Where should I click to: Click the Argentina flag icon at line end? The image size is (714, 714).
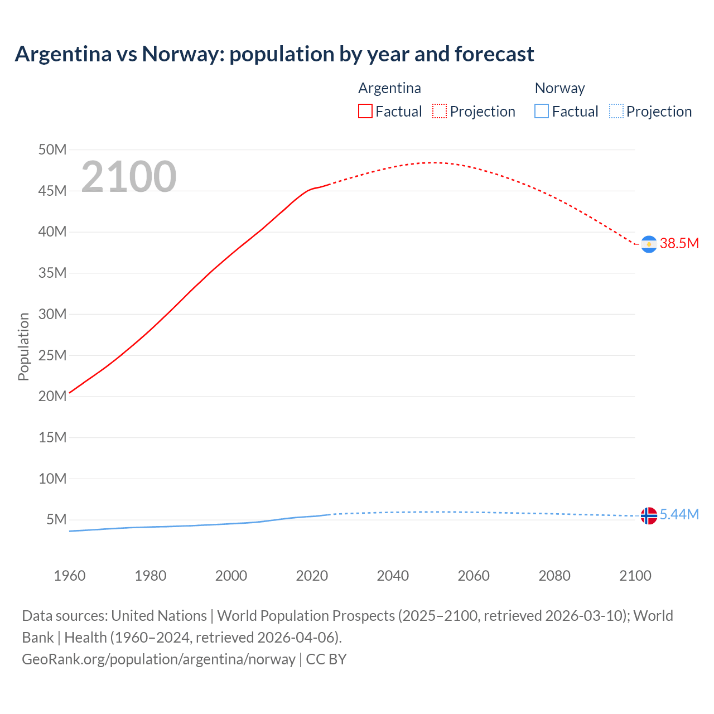(x=649, y=244)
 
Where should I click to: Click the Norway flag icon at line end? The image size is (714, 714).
(x=649, y=515)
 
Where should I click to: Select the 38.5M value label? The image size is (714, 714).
(x=679, y=243)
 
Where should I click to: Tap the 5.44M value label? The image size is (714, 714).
(x=679, y=514)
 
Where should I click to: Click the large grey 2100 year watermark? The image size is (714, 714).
(x=129, y=177)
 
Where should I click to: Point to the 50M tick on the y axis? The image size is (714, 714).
(x=52, y=149)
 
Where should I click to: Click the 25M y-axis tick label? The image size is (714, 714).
(x=52, y=355)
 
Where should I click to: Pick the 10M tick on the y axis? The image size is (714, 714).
(x=52, y=479)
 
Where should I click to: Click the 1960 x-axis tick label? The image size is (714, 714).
(x=70, y=576)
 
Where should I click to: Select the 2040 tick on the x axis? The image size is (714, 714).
(x=393, y=576)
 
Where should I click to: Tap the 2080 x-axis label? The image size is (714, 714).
(x=554, y=576)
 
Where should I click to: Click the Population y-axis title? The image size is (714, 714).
(x=23, y=346)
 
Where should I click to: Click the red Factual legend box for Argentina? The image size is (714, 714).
(x=365, y=111)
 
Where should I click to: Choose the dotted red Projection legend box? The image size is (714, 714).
(x=440, y=111)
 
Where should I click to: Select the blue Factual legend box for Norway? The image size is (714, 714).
(x=541, y=111)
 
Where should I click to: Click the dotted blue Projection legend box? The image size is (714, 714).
(x=616, y=111)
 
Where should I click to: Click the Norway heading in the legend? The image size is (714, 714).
(x=559, y=88)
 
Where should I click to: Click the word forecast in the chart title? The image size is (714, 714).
(x=494, y=54)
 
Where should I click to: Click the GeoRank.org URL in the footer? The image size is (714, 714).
(x=158, y=659)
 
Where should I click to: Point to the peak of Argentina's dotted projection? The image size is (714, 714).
(x=433, y=162)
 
